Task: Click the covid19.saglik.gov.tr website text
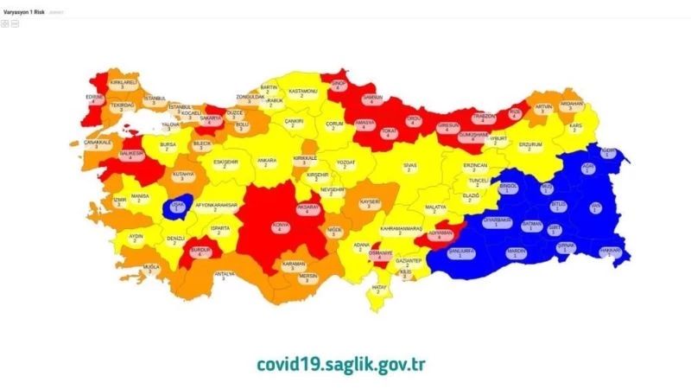[x=340, y=363]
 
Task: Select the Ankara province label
[x=267, y=162]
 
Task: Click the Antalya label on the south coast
[x=224, y=276]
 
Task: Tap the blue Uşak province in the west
[x=178, y=207]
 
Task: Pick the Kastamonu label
[x=303, y=92]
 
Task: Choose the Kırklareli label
[x=124, y=85]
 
